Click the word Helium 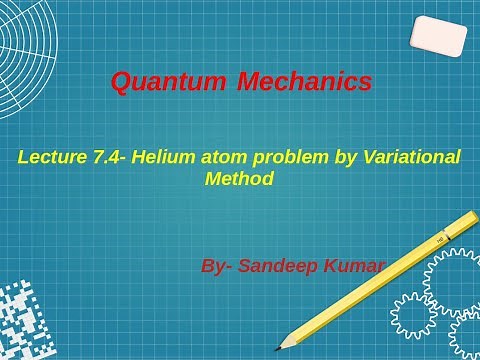pyautogui.click(x=169, y=157)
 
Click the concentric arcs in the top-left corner pyautogui.click(x=25, y=50)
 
